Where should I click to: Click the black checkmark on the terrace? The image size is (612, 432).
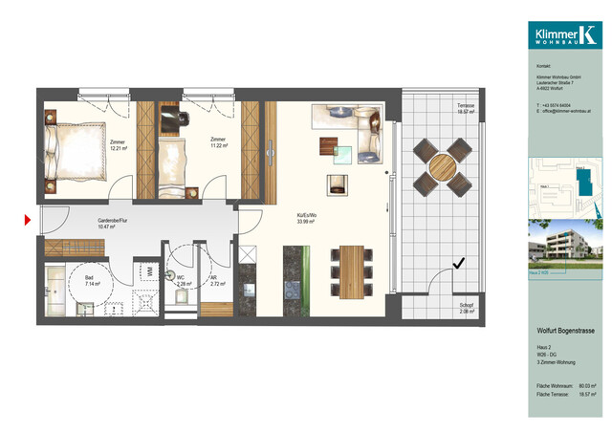[459, 262]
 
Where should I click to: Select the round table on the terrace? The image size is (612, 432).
[441, 166]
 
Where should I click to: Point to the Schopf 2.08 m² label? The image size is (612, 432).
[467, 308]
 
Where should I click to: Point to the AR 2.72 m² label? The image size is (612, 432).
[216, 281]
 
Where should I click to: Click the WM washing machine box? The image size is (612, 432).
[149, 270]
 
